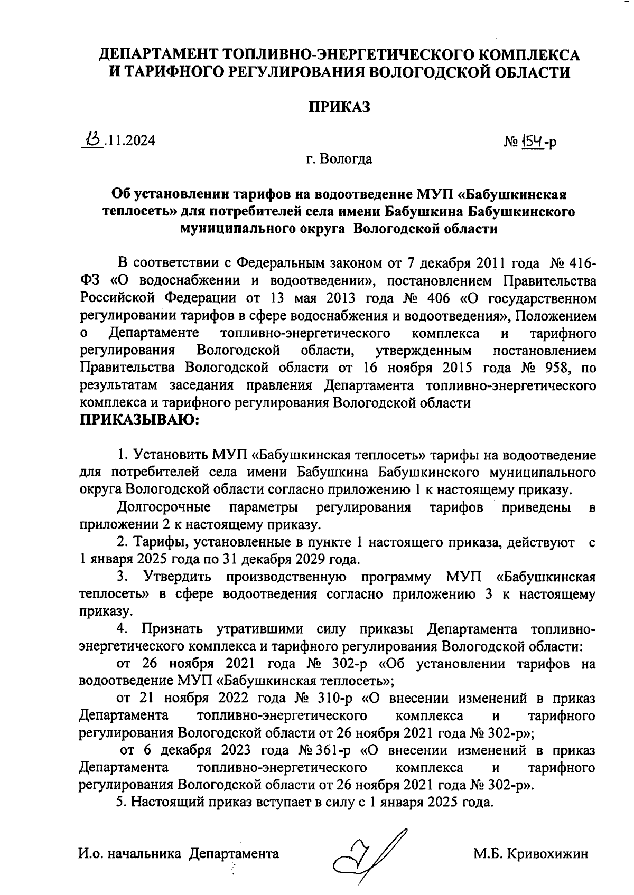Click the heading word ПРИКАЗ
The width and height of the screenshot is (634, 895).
(339, 107)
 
